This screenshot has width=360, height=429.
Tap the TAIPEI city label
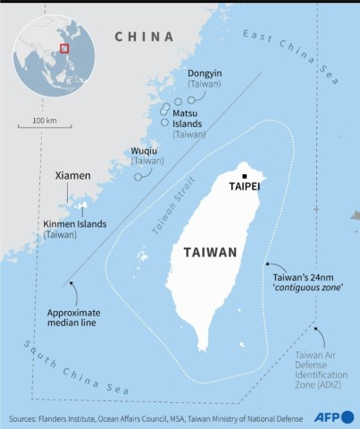pyautogui.click(x=245, y=187)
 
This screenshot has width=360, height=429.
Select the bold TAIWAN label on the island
pyautogui.click(x=210, y=252)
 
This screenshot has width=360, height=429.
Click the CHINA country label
pyautogui.click(x=143, y=37)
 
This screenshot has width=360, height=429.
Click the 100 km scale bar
pyautogui.click(x=45, y=126)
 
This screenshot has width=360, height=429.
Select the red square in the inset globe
pyautogui.click(x=63, y=48)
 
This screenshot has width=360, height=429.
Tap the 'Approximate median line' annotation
pyautogui.click(x=74, y=318)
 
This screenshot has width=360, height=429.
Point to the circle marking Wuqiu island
pyautogui.click(x=138, y=176)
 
